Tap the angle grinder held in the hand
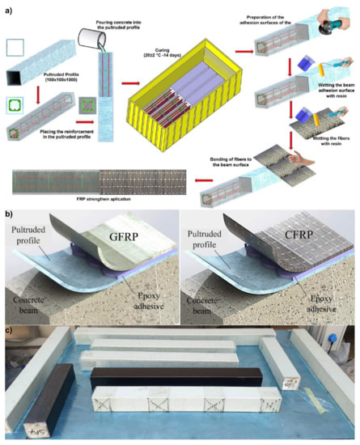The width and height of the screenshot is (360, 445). click(x=332, y=33)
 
